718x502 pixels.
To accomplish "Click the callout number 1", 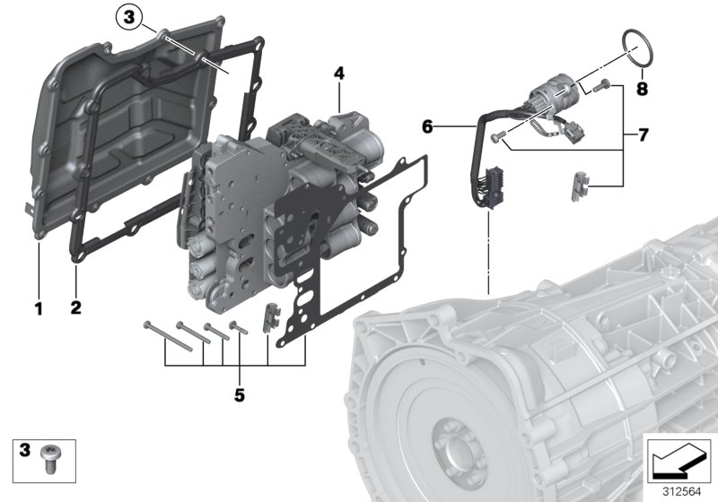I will click(38, 309).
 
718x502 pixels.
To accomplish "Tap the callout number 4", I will click(338, 72).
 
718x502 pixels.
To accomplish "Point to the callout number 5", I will click(239, 394).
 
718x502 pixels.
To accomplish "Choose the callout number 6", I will click(427, 128).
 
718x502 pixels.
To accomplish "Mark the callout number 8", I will click(642, 89).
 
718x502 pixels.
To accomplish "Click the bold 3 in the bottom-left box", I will click(25, 448).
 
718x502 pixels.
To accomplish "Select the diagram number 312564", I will click(679, 490).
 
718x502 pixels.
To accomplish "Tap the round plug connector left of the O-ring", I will click(551, 92).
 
